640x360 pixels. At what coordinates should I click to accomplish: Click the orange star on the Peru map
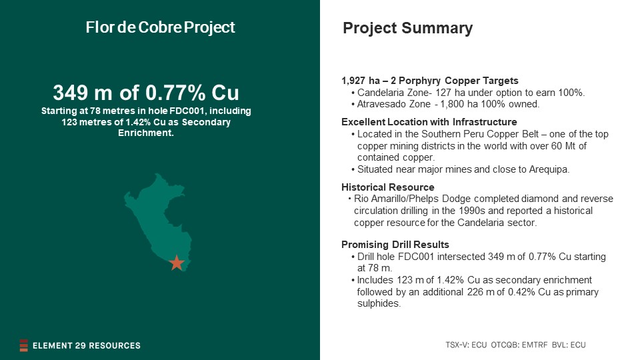(176, 263)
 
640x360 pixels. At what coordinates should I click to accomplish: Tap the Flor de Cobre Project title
(160, 27)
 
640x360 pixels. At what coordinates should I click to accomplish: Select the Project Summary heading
(407, 28)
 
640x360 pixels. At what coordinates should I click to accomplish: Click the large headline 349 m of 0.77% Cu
(146, 93)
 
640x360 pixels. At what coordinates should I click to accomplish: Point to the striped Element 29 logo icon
(24, 345)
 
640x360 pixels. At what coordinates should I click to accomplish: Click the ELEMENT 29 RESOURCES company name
(87, 346)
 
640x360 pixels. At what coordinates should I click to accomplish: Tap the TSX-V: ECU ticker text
(466, 345)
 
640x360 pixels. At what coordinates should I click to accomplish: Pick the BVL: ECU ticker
(569, 345)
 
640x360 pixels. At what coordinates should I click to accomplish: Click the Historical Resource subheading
(388, 187)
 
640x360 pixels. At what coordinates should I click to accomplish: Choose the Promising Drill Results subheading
(395, 245)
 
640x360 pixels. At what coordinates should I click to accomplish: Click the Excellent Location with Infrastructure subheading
(429, 122)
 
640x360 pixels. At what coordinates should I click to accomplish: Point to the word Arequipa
(549, 169)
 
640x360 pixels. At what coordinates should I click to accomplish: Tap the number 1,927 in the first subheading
(353, 81)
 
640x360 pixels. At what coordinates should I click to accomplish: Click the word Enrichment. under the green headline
(146, 133)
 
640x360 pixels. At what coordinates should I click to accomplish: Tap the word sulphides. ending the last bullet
(379, 304)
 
